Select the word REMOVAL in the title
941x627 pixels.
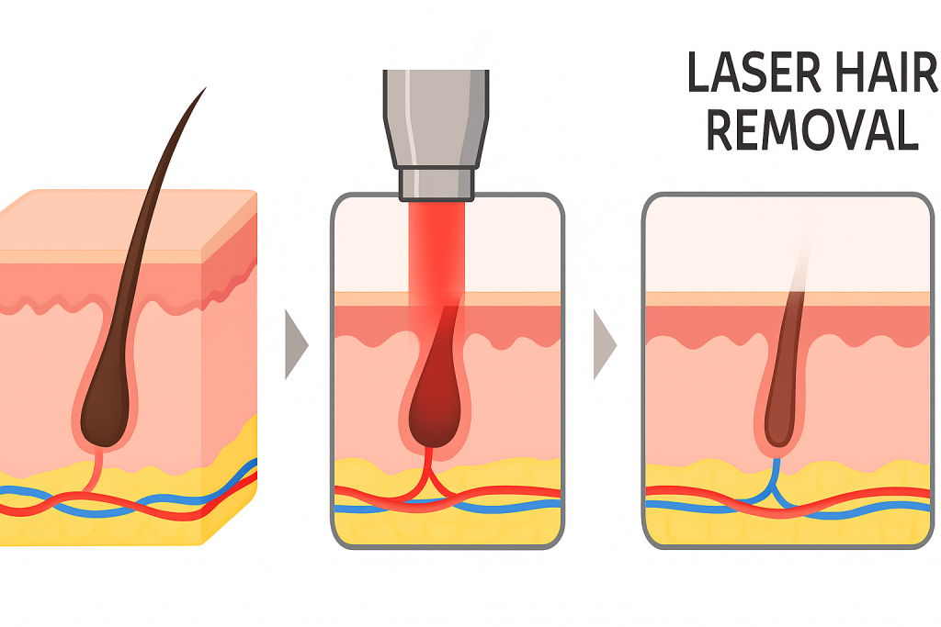coord(812,132)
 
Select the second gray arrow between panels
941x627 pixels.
coord(604,344)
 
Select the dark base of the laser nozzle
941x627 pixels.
coord(436,184)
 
